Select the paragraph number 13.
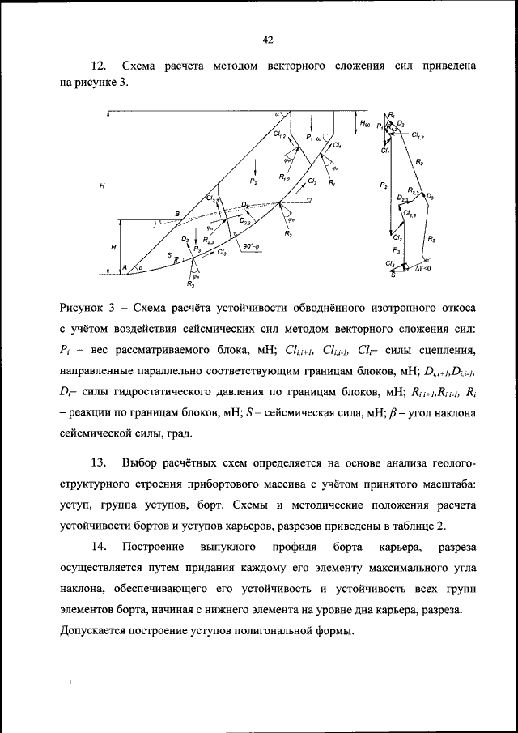[99, 462]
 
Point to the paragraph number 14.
[99, 547]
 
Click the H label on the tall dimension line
[102, 186]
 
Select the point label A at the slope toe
[125, 266]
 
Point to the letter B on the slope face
[176, 213]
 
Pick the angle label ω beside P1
[319, 139]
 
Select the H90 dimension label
[366, 123]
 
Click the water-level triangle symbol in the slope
[297, 201]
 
